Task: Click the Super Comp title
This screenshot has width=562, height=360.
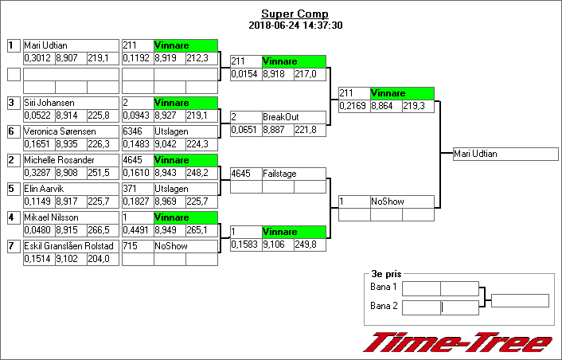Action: click(295, 14)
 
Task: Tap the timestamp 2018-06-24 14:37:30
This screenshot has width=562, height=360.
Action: click(295, 25)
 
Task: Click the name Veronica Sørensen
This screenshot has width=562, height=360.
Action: click(60, 131)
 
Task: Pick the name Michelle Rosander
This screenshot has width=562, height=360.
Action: click(59, 160)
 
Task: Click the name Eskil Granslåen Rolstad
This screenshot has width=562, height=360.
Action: click(69, 246)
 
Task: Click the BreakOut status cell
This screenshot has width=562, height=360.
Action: click(294, 117)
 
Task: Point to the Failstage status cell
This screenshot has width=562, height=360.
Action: click(294, 173)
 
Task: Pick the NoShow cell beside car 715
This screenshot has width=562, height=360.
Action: click(185, 246)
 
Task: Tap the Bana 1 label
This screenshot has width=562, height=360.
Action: click(384, 287)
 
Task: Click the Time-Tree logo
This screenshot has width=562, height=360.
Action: click(458, 342)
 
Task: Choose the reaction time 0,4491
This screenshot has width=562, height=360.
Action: click(137, 230)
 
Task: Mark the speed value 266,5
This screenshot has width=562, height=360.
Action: click(102, 230)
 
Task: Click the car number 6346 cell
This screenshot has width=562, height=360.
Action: click(137, 131)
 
